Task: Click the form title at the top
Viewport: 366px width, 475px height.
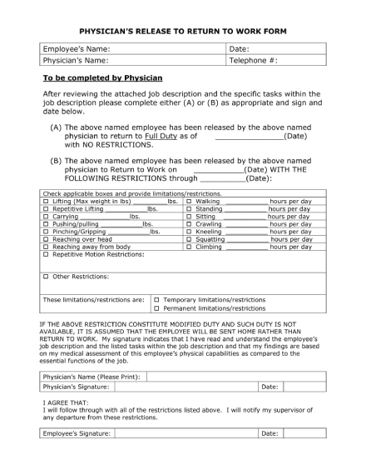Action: tap(183, 29)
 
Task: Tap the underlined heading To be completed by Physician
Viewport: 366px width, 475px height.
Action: tap(102, 77)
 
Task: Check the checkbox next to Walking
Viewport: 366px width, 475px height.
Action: tap(190, 202)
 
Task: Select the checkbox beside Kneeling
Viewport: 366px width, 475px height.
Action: tap(190, 232)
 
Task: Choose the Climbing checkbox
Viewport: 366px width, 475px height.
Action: tap(190, 247)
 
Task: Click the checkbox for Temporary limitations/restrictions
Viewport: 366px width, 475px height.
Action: tap(156, 299)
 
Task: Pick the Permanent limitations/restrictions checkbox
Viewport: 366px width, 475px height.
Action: tap(156, 308)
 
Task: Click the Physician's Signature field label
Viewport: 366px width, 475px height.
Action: tap(76, 387)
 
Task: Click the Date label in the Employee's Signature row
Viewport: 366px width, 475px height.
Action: tap(270, 433)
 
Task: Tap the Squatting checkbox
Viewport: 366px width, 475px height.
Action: tap(190, 239)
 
